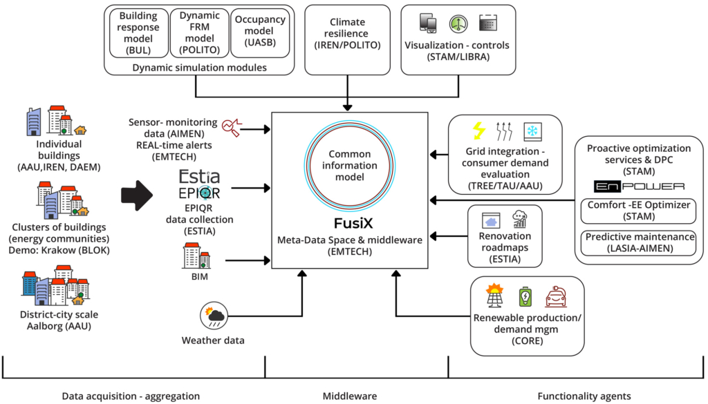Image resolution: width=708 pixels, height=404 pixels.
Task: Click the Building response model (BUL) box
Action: click(139, 34)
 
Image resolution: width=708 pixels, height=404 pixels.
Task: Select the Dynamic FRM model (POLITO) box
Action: click(199, 34)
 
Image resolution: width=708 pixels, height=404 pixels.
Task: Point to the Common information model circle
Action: click(350, 165)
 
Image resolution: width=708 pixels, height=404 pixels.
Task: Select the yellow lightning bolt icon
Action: click(478, 131)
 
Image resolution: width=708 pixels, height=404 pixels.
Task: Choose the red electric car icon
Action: click(557, 297)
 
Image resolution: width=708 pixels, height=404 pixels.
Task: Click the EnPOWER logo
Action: click(639, 186)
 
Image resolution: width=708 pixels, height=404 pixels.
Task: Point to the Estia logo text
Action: click(199, 176)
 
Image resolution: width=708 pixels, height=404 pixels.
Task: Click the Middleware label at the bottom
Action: click(350, 396)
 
